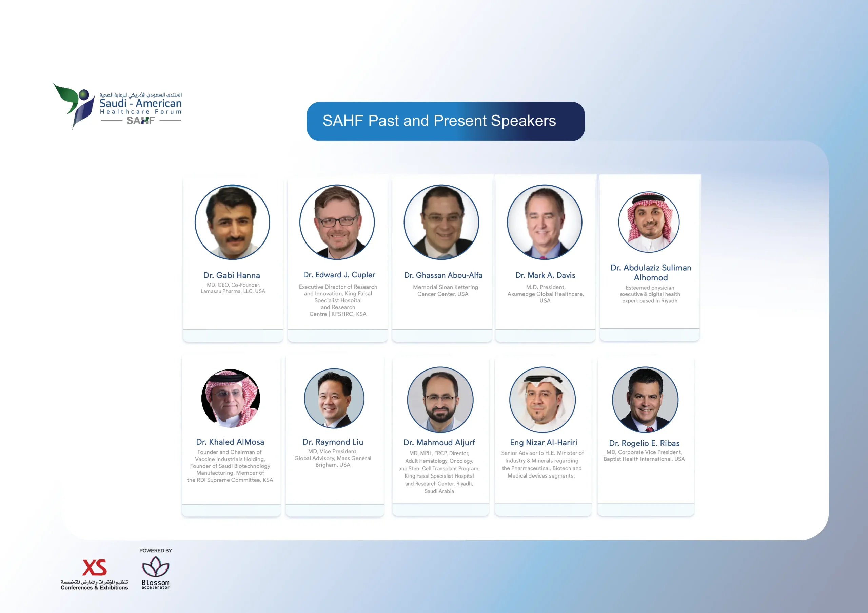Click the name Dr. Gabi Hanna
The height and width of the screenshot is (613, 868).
(231, 275)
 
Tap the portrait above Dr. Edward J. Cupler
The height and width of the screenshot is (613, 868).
(337, 222)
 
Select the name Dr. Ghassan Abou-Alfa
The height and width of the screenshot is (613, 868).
(443, 275)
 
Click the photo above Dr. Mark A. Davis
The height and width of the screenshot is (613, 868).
(545, 222)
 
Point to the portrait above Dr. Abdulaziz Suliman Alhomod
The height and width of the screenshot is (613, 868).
(649, 222)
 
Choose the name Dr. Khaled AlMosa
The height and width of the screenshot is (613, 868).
(230, 442)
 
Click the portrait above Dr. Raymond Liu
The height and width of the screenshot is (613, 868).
(334, 398)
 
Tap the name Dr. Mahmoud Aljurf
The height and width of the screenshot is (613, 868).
(439, 442)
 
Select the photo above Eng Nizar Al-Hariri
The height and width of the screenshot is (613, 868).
(542, 400)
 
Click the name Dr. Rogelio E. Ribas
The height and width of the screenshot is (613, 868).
(644, 443)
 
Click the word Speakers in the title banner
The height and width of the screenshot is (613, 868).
(523, 121)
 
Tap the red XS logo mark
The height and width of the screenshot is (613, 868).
(95, 567)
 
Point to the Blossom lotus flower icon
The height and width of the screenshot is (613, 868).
(155, 567)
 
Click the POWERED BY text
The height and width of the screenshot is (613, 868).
(155, 551)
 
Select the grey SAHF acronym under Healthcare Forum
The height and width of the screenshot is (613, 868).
(141, 121)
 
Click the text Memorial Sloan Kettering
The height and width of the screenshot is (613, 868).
(445, 287)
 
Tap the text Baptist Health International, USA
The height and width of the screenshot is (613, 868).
(644, 459)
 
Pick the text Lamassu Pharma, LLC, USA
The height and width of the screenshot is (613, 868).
(233, 291)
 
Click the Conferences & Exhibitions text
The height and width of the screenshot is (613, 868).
(95, 587)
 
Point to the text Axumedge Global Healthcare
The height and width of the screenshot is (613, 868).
(545, 294)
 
